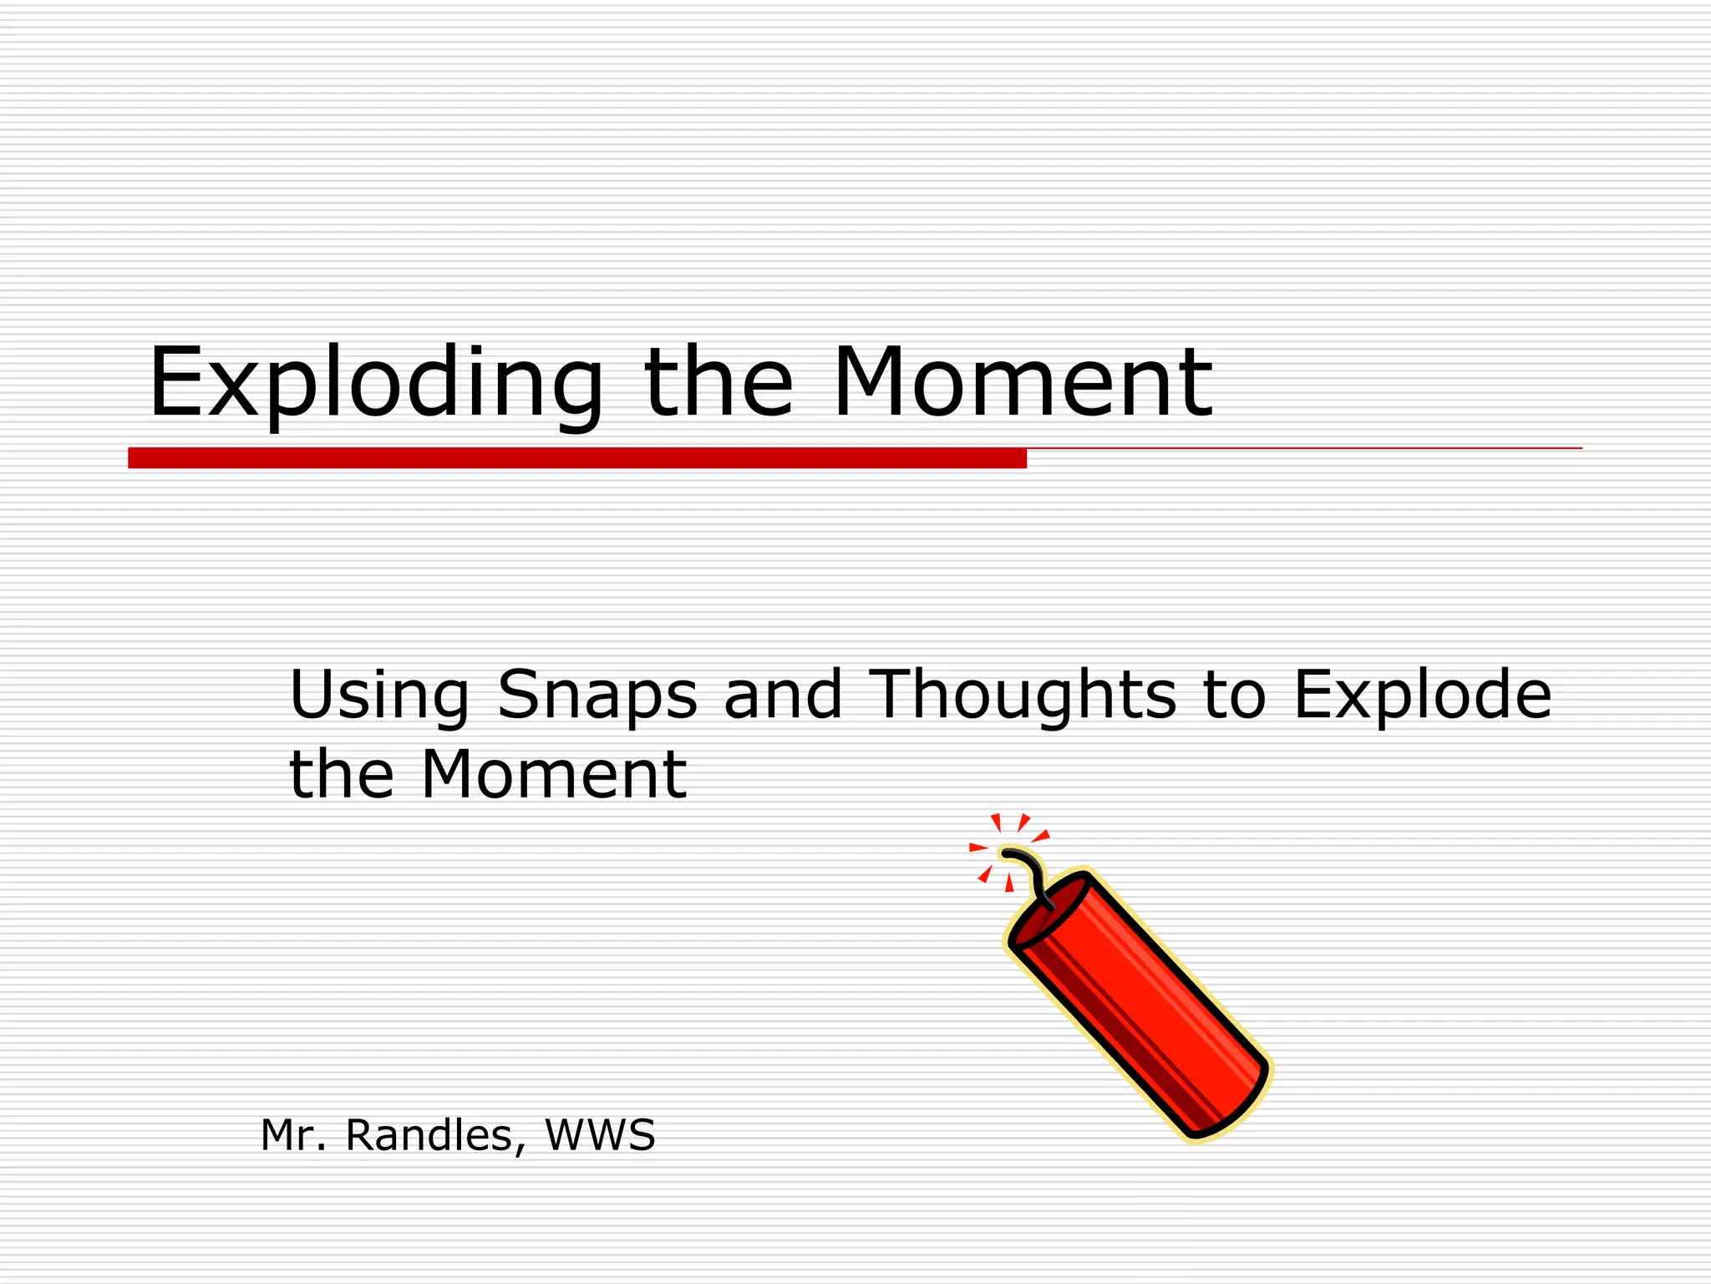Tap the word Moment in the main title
click(x=1022, y=382)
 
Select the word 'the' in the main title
click(x=718, y=382)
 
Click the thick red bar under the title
click(x=576, y=458)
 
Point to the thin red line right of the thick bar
click(x=1303, y=449)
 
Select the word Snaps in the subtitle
click(x=597, y=695)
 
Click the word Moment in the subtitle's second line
click(x=553, y=775)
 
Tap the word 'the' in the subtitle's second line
click(x=341, y=775)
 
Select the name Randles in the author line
click(x=434, y=1135)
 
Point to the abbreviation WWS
click(x=600, y=1135)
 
